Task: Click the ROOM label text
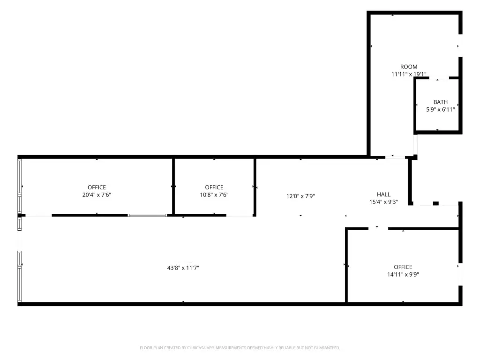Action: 409,67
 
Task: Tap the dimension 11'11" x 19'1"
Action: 409,74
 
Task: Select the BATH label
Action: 441,102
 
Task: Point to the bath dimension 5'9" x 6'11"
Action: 441,109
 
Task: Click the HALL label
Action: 383,195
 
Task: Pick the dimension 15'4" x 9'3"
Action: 383,202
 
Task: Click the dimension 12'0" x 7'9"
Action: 300,196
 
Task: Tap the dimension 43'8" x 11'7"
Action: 183,268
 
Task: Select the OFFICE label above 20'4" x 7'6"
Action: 97,187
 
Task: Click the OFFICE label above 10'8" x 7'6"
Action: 214,187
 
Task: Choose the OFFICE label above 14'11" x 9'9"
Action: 403,267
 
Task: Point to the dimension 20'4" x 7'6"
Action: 97,195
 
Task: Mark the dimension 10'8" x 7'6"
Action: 214,195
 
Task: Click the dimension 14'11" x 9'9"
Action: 403,274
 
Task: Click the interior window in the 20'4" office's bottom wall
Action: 148,215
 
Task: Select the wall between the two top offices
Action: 173,186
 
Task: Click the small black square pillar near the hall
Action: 436,203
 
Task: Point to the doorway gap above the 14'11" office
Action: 378,228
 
